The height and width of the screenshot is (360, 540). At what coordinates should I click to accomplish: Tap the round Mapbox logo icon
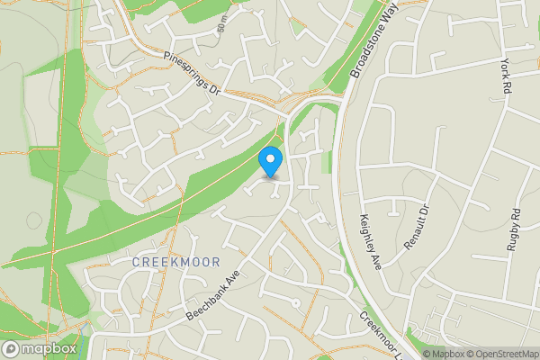click(x=11, y=349)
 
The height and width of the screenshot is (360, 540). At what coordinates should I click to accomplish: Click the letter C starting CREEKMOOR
click(x=136, y=261)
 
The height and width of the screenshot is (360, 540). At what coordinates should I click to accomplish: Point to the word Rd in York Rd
click(x=508, y=90)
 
